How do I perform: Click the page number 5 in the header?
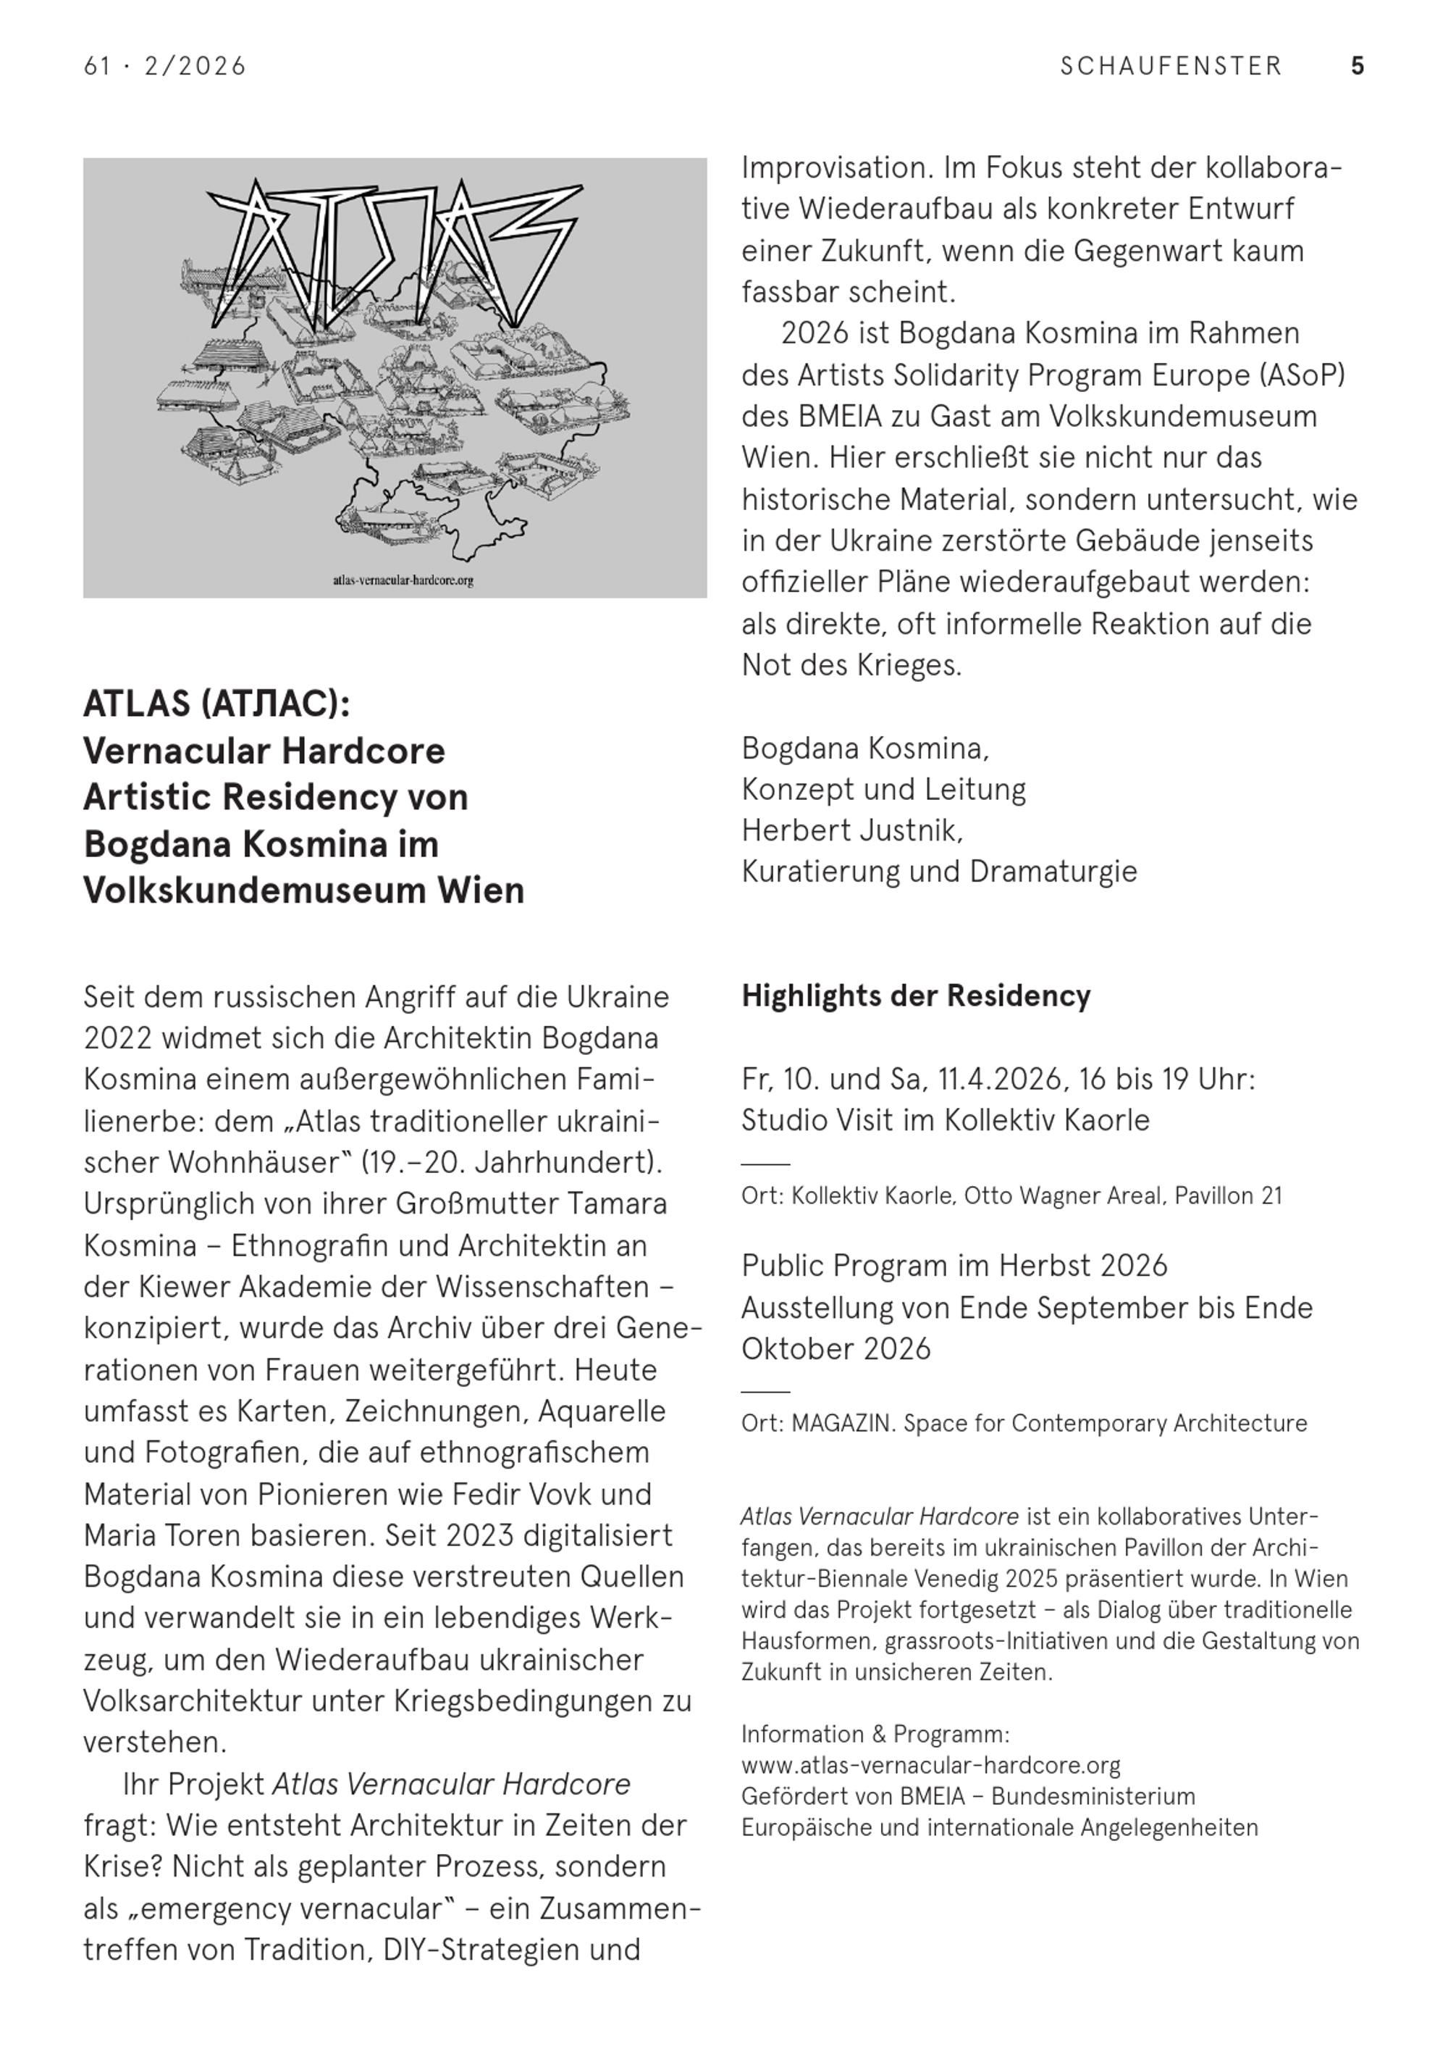[x=1357, y=67]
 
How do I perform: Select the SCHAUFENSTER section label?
[x=1171, y=67]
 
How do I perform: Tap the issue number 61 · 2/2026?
[x=165, y=67]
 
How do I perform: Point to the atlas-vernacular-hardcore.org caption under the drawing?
[x=403, y=580]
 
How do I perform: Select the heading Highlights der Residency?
[x=915, y=996]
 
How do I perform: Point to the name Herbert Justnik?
[x=851, y=830]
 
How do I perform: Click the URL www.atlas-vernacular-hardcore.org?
[x=930, y=1765]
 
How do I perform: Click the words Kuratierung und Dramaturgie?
[x=938, y=872]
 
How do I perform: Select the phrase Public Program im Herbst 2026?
[x=954, y=1266]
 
